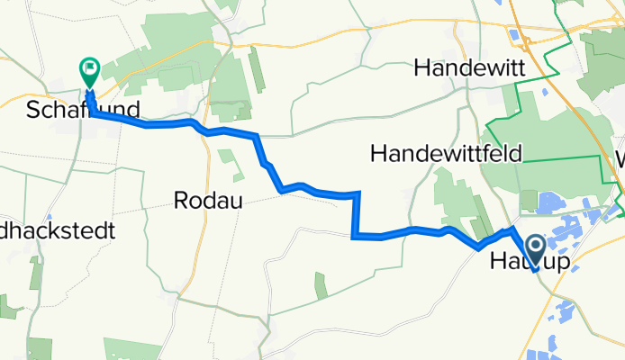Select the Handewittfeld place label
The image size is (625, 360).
[x=446, y=154]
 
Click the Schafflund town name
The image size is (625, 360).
[x=84, y=111]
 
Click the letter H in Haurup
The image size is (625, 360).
[x=498, y=263]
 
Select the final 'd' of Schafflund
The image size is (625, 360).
[x=134, y=111]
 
